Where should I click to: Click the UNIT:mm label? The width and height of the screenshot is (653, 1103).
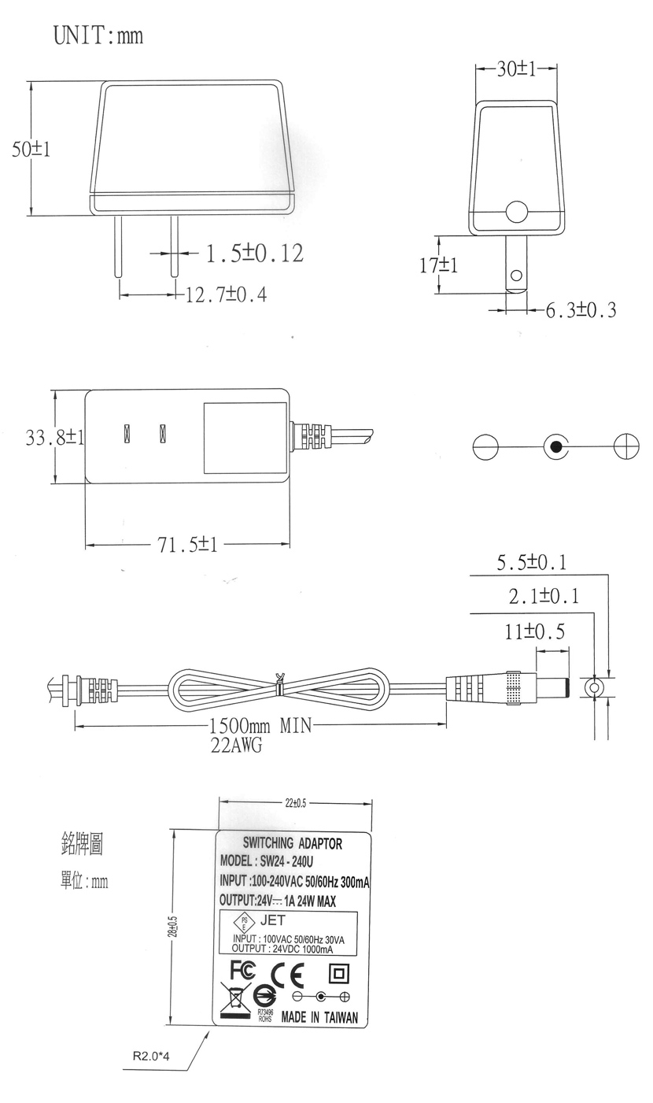point(98,35)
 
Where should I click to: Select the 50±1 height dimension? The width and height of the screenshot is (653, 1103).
point(31,149)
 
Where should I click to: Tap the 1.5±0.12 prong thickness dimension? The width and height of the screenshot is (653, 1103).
point(254,253)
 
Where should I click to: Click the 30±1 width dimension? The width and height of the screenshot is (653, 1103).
point(516,69)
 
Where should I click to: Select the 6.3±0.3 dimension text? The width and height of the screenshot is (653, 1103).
point(581,309)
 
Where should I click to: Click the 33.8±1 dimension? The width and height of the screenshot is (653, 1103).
point(54,437)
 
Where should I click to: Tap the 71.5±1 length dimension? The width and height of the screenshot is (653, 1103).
point(187,545)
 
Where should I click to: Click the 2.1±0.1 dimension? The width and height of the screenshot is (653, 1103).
point(544,596)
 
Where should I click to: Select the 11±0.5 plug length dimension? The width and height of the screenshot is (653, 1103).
point(535,631)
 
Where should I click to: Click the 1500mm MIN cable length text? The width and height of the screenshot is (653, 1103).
point(260,725)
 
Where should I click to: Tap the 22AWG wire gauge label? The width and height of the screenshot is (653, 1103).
point(237,746)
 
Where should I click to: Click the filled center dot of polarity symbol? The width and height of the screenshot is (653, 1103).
point(556,447)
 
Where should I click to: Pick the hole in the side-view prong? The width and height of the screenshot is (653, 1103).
point(516,275)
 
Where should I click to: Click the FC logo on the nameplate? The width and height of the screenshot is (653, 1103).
point(243,971)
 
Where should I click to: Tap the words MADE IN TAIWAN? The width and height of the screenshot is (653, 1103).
point(319,1017)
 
